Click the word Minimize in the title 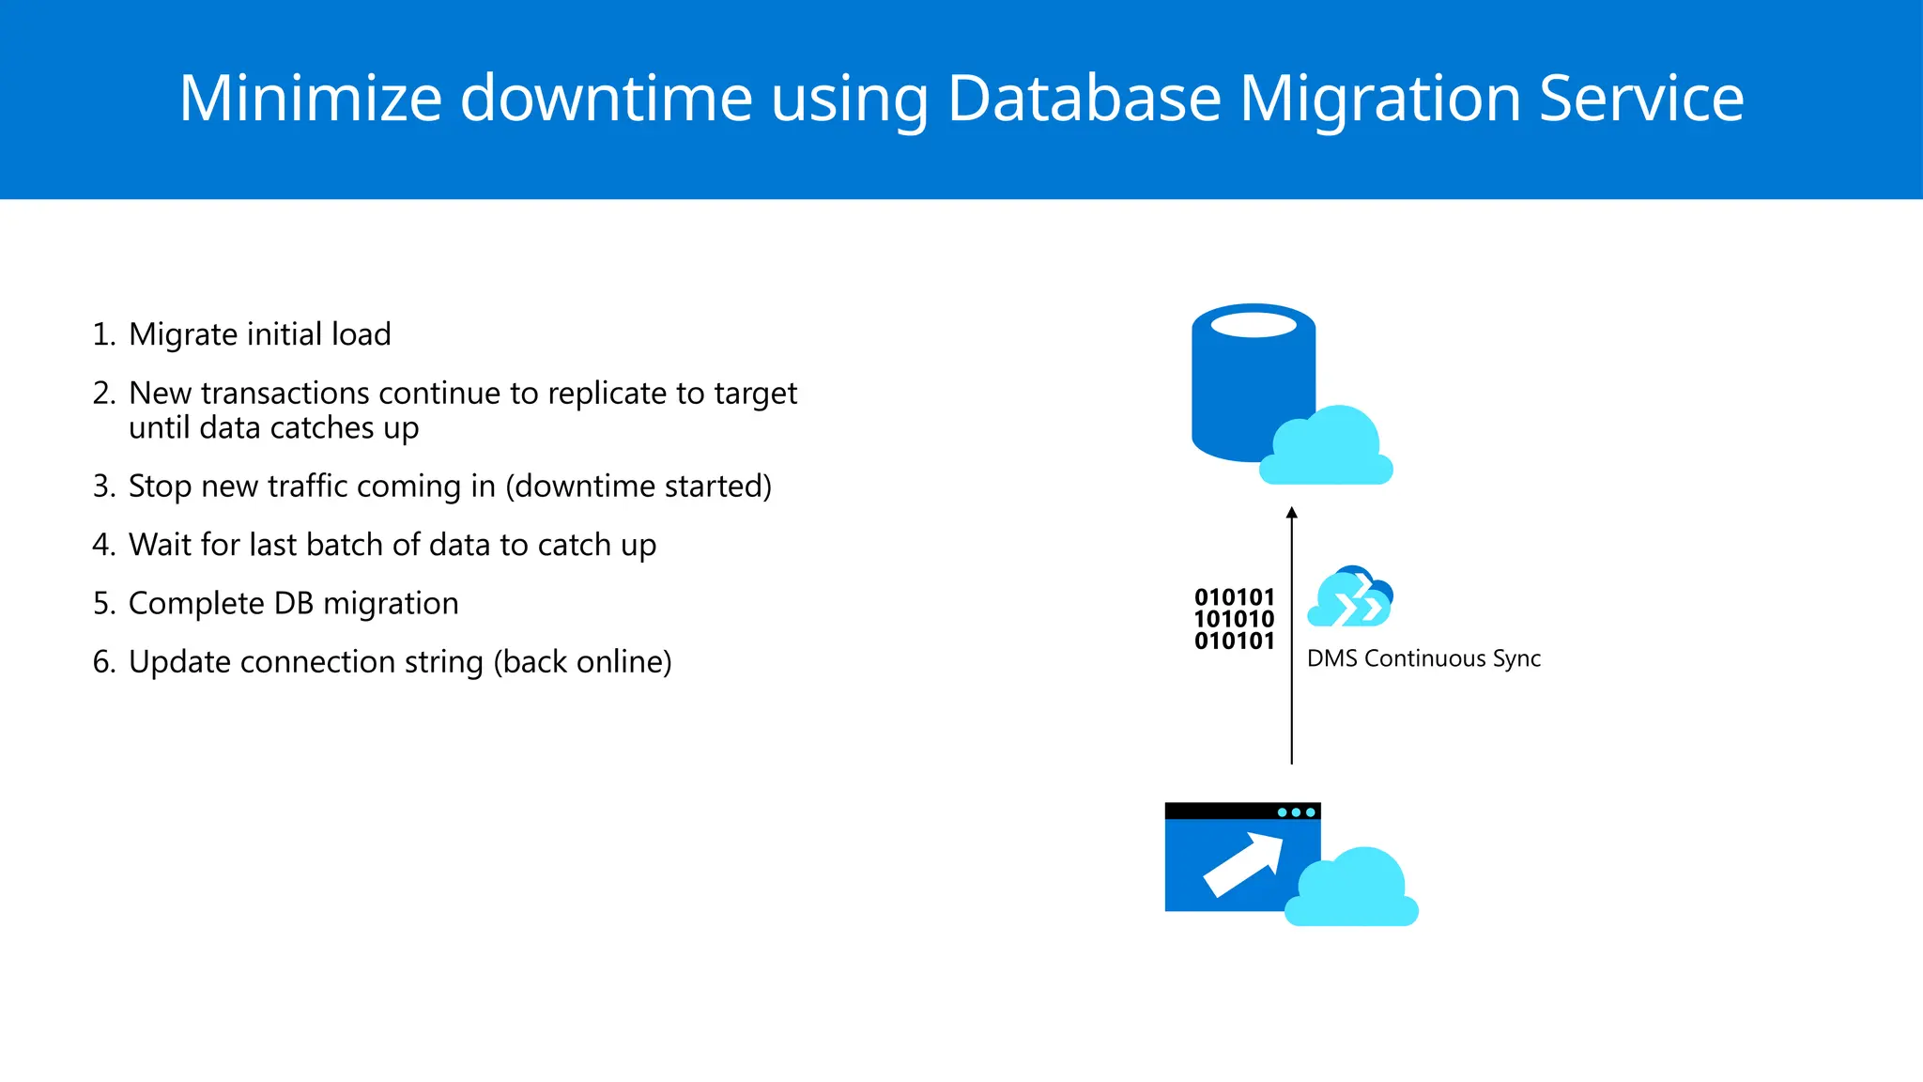click(x=310, y=98)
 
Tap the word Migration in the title click(x=1378, y=98)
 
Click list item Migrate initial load click(x=259, y=334)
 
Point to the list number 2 click(x=103, y=394)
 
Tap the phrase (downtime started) click(x=638, y=487)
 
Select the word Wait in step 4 click(x=160, y=545)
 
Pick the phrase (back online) click(x=582, y=662)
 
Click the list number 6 click(x=103, y=662)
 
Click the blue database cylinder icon click(x=1239, y=376)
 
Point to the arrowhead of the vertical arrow click(x=1292, y=513)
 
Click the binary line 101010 click(x=1234, y=620)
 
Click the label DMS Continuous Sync click(x=1423, y=658)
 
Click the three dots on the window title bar click(x=1296, y=812)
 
